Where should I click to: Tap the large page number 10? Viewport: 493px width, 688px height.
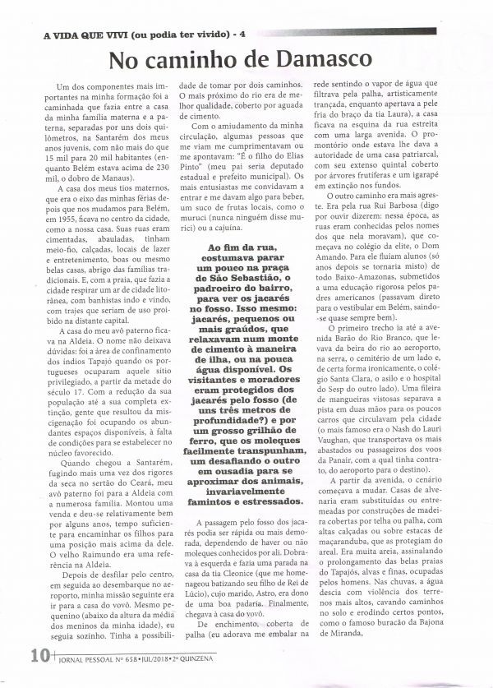(38, 678)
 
